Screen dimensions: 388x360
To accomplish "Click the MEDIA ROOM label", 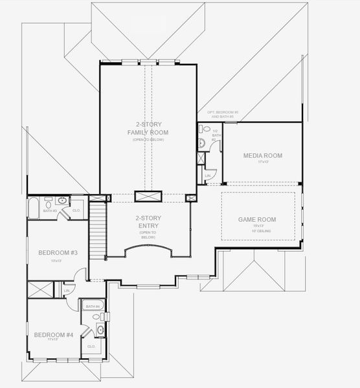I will (262, 155).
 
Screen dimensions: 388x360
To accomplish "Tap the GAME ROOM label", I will (257, 219).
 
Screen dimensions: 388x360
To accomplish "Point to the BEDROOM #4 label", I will (54, 334).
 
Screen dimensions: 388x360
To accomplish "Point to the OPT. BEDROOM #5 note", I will (223, 114).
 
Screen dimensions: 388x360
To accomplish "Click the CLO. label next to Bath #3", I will (76, 210).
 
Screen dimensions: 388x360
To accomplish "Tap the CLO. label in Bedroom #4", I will (91, 346).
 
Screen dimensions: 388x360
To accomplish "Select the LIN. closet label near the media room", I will (208, 175).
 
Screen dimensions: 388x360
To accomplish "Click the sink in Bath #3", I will (60, 201).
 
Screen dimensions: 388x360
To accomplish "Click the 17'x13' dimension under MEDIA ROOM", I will (262, 162).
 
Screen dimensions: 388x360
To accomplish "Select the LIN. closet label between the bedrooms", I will (67, 290).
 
